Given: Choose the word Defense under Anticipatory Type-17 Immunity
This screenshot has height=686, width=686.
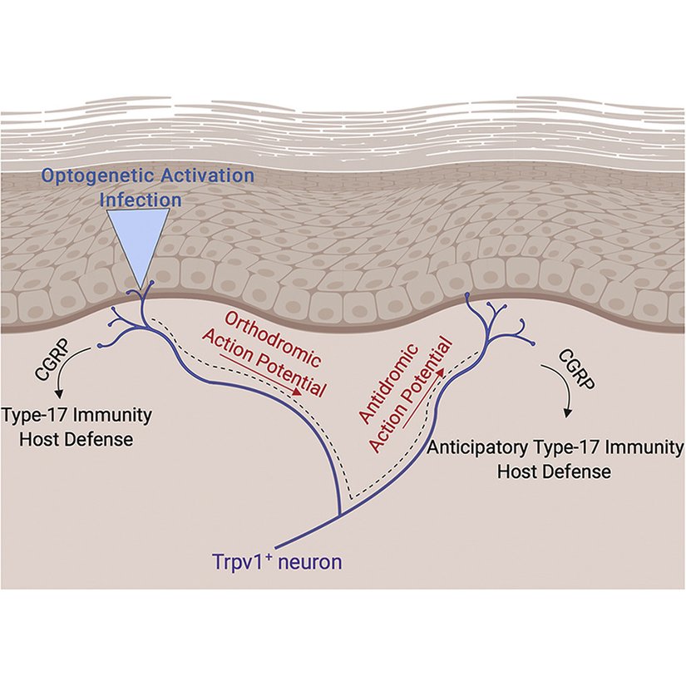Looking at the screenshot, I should (x=580, y=471).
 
